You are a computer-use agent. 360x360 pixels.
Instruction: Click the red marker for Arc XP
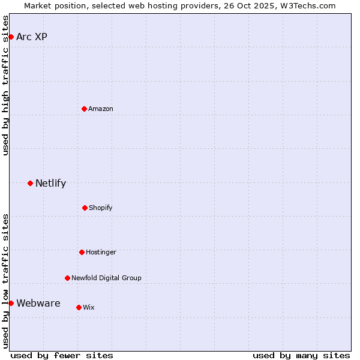click(x=11, y=37)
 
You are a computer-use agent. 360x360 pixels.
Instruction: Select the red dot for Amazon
click(x=84, y=109)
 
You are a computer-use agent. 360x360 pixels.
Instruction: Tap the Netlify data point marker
click(x=30, y=183)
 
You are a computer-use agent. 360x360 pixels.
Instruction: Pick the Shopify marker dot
click(x=85, y=208)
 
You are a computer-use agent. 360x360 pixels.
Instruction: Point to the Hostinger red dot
click(x=82, y=252)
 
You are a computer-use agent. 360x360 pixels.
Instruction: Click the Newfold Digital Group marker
click(x=67, y=278)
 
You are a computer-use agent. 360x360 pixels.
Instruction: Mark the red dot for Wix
click(x=79, y=307)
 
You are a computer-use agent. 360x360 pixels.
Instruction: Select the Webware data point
click(x=11, y=303)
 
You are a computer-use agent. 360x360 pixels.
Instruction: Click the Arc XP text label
click(x=32, y=37)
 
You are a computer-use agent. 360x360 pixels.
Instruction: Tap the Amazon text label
click(x=101, y=109)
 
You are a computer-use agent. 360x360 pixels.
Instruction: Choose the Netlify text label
click(x=50, y=184)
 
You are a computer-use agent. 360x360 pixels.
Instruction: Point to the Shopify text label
click(x=101, y=208)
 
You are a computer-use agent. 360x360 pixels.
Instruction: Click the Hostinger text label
click(x=101, y=252)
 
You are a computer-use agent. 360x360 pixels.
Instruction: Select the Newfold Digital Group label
click(x=106, y=278)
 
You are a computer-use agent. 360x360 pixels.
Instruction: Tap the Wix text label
click(x=89, y=307)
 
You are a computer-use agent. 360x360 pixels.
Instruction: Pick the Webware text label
click(x=38, y=304)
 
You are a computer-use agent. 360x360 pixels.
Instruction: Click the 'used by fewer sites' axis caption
click(x=62, y=355)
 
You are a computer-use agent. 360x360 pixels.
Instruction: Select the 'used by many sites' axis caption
click(x=301, y=355)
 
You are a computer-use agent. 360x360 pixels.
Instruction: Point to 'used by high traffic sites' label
click(x=6, y=85)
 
